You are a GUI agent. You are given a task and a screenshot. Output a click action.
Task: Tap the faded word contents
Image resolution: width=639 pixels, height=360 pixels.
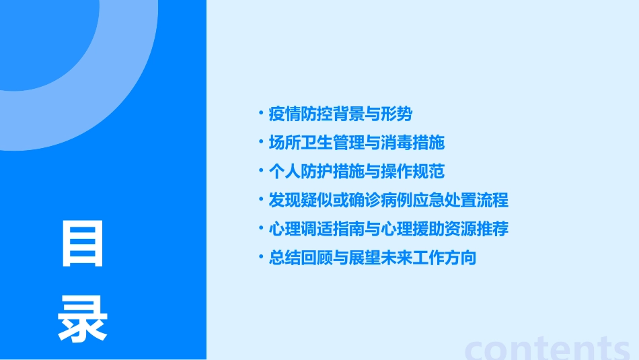[x=548, y=349]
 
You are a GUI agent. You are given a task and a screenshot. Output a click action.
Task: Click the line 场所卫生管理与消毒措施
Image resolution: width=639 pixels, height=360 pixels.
[x=356, y=143]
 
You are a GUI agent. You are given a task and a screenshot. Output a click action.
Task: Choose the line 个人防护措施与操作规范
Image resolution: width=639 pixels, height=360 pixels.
[x=356, y=172]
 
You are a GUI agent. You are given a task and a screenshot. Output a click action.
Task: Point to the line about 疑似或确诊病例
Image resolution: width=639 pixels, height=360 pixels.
[x=388, y=201]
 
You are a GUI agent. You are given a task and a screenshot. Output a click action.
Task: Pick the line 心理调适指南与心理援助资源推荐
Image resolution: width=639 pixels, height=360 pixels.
[x=388, y=229]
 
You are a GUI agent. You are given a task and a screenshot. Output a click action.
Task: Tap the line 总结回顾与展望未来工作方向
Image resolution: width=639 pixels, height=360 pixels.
[x=372, y=258]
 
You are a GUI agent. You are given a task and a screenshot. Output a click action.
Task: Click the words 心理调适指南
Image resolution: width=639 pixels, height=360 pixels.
[x=308, y=229]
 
